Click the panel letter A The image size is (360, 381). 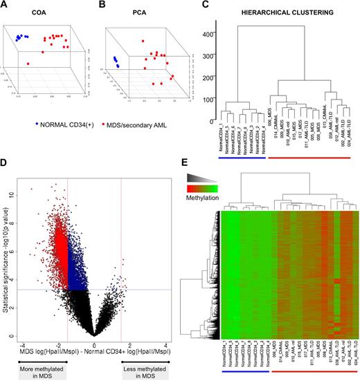(x=6, y=6)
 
